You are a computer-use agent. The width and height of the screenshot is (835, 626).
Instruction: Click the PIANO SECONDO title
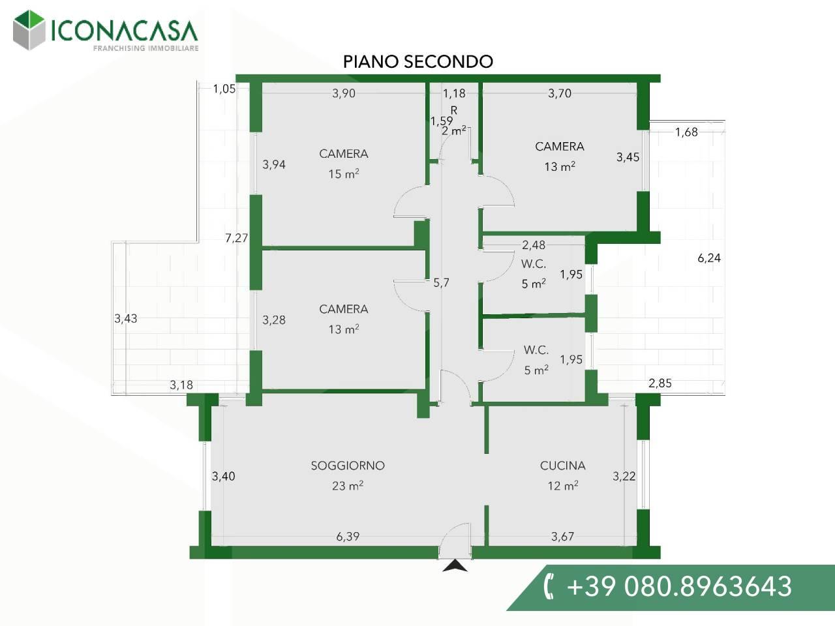(x=418, y=61)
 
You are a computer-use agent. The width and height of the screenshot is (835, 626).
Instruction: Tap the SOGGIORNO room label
(x=348, y=466)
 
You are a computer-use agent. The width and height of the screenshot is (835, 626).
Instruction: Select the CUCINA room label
(x=562, y=466)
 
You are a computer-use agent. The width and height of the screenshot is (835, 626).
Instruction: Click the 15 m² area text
(x=344, y=174)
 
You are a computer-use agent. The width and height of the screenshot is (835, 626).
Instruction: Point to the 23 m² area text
(x=348, y=486)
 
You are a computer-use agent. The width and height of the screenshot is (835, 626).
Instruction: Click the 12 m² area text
(x=563, y=486)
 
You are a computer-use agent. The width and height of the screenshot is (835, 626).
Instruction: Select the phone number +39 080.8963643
(x=679, y=586)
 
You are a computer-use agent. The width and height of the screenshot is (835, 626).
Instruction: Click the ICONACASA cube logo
(x=29, y=30)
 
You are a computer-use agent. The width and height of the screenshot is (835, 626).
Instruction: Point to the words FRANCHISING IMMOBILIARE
(x=146, y=48)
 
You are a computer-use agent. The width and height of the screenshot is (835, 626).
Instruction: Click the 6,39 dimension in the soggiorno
(x=348, y=536)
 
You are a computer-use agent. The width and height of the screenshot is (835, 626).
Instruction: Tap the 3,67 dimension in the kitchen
(x=562, y=536)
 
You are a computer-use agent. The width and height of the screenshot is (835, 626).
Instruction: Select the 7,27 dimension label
(x=237, y=238)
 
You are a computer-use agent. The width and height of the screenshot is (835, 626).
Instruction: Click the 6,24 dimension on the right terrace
(x=709, y=258)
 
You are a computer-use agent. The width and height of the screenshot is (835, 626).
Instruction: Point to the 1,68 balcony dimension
(x=686, y=132)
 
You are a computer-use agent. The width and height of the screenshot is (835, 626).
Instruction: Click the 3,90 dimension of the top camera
(x=344, y=93)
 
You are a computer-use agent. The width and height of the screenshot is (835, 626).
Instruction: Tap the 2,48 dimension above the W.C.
(x=534, y=245)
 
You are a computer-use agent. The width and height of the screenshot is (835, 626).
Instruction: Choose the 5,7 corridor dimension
(x=441, y=283)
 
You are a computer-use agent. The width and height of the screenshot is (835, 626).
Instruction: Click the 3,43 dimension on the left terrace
(x=126, y=318)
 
